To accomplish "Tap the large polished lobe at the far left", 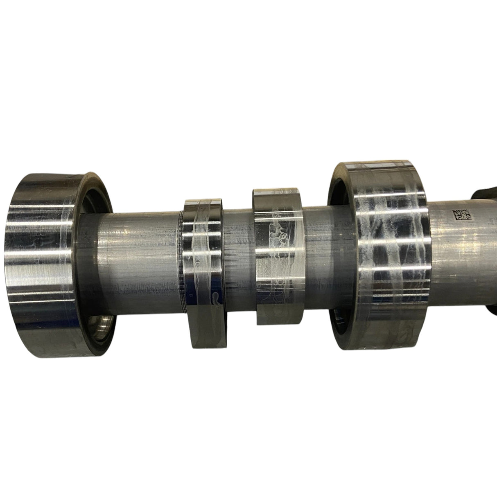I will pyautogui.click(x=43, y=262).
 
